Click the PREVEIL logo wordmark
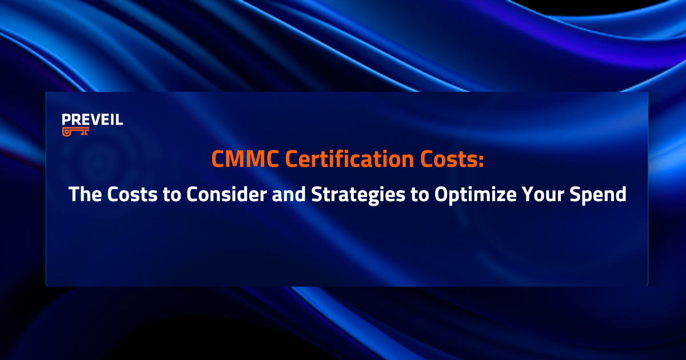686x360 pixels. (x=92, y=120)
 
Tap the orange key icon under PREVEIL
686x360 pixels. (x=76, y=131)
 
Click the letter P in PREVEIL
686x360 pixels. (x=66, y=120)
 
